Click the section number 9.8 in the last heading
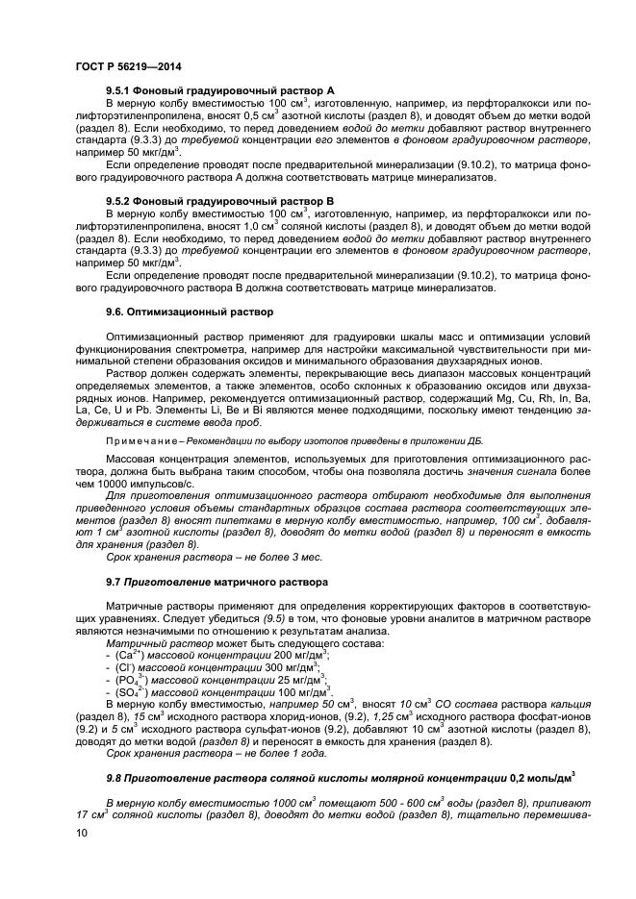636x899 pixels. click(x=114, y=776)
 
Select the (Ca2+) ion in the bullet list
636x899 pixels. click(x=125, y=654)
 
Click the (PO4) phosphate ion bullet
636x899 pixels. click(x=125, y=679)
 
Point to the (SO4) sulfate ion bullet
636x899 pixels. click(x=125, y=690)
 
